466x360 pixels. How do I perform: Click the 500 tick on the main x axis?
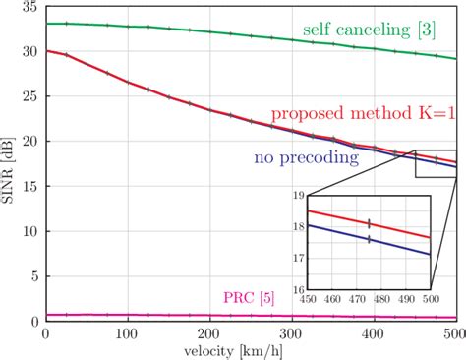[456, 333]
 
